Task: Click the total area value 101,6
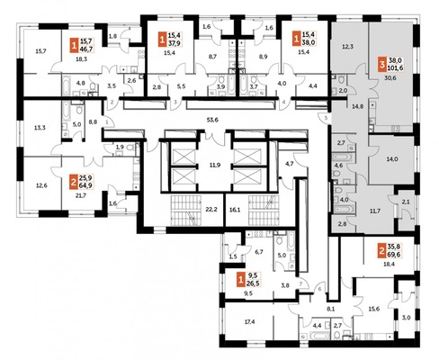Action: coord(397,66)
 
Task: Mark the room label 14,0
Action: coord(392,158)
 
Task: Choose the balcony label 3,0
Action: coord(405,318)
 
